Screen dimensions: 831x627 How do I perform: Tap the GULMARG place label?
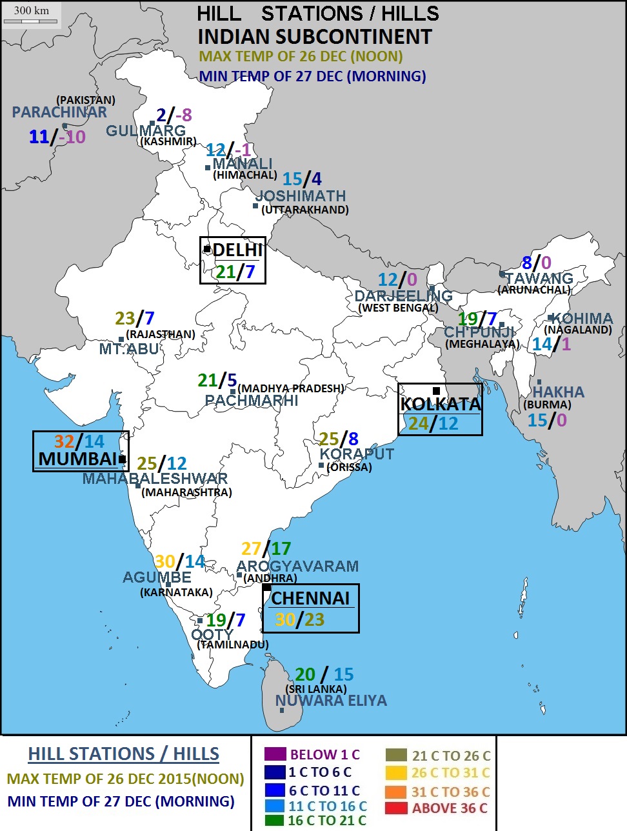[146, 130]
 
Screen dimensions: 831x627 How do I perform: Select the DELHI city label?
[237, 250]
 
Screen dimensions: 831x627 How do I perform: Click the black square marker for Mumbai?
[123, 459]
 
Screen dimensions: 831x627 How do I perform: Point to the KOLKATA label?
[441, 405]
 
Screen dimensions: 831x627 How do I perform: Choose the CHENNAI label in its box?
[310, 598]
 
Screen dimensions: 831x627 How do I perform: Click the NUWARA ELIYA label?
[331, 701]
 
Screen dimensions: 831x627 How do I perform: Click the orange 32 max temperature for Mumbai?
[64, 441]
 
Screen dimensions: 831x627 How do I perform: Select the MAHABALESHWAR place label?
[155, 479]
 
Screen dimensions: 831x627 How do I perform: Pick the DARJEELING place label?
[403, 296]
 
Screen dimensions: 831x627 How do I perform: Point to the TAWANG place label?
[539, 279]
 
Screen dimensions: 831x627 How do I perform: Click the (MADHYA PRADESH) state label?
[291, 388]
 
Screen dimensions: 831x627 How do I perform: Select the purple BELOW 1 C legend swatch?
[274, 754]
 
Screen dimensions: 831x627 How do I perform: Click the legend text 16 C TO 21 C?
[327, 821]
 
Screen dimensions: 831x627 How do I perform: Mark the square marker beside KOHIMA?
[550, 317]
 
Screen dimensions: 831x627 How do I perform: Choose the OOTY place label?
[212, 634]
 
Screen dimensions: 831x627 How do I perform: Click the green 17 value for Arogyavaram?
[281, 549]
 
